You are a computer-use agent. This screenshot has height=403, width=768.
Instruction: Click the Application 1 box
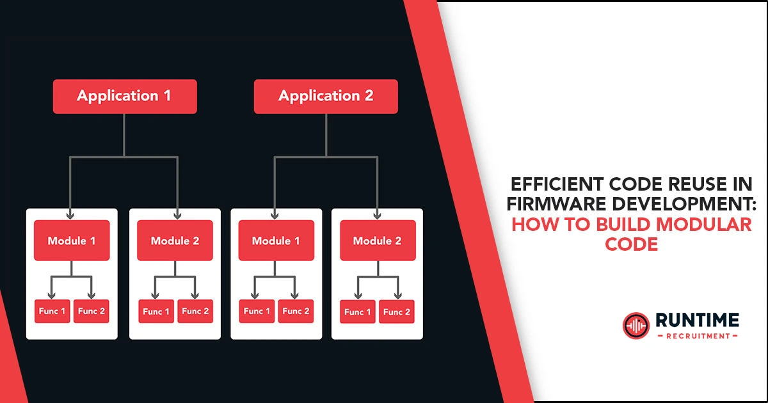125,97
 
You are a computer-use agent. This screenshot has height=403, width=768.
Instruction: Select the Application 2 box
326,97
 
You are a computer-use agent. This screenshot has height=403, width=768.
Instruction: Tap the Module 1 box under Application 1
72,241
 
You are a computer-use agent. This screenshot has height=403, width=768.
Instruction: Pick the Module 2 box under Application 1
175,241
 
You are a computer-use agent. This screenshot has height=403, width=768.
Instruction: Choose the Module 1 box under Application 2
276,241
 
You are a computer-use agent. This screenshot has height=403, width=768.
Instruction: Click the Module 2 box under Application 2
378,241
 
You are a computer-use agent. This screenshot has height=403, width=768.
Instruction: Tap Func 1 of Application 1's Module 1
52,311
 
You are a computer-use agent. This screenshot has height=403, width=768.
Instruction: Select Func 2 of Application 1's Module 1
92,311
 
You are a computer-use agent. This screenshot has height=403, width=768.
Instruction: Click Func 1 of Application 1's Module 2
156,312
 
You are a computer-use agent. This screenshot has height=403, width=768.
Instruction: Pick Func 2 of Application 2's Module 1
296,311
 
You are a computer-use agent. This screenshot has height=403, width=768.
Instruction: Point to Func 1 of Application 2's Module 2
358,312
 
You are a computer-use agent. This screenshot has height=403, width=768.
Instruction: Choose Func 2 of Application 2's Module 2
397,312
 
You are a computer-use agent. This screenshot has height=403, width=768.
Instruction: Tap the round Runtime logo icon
636,325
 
